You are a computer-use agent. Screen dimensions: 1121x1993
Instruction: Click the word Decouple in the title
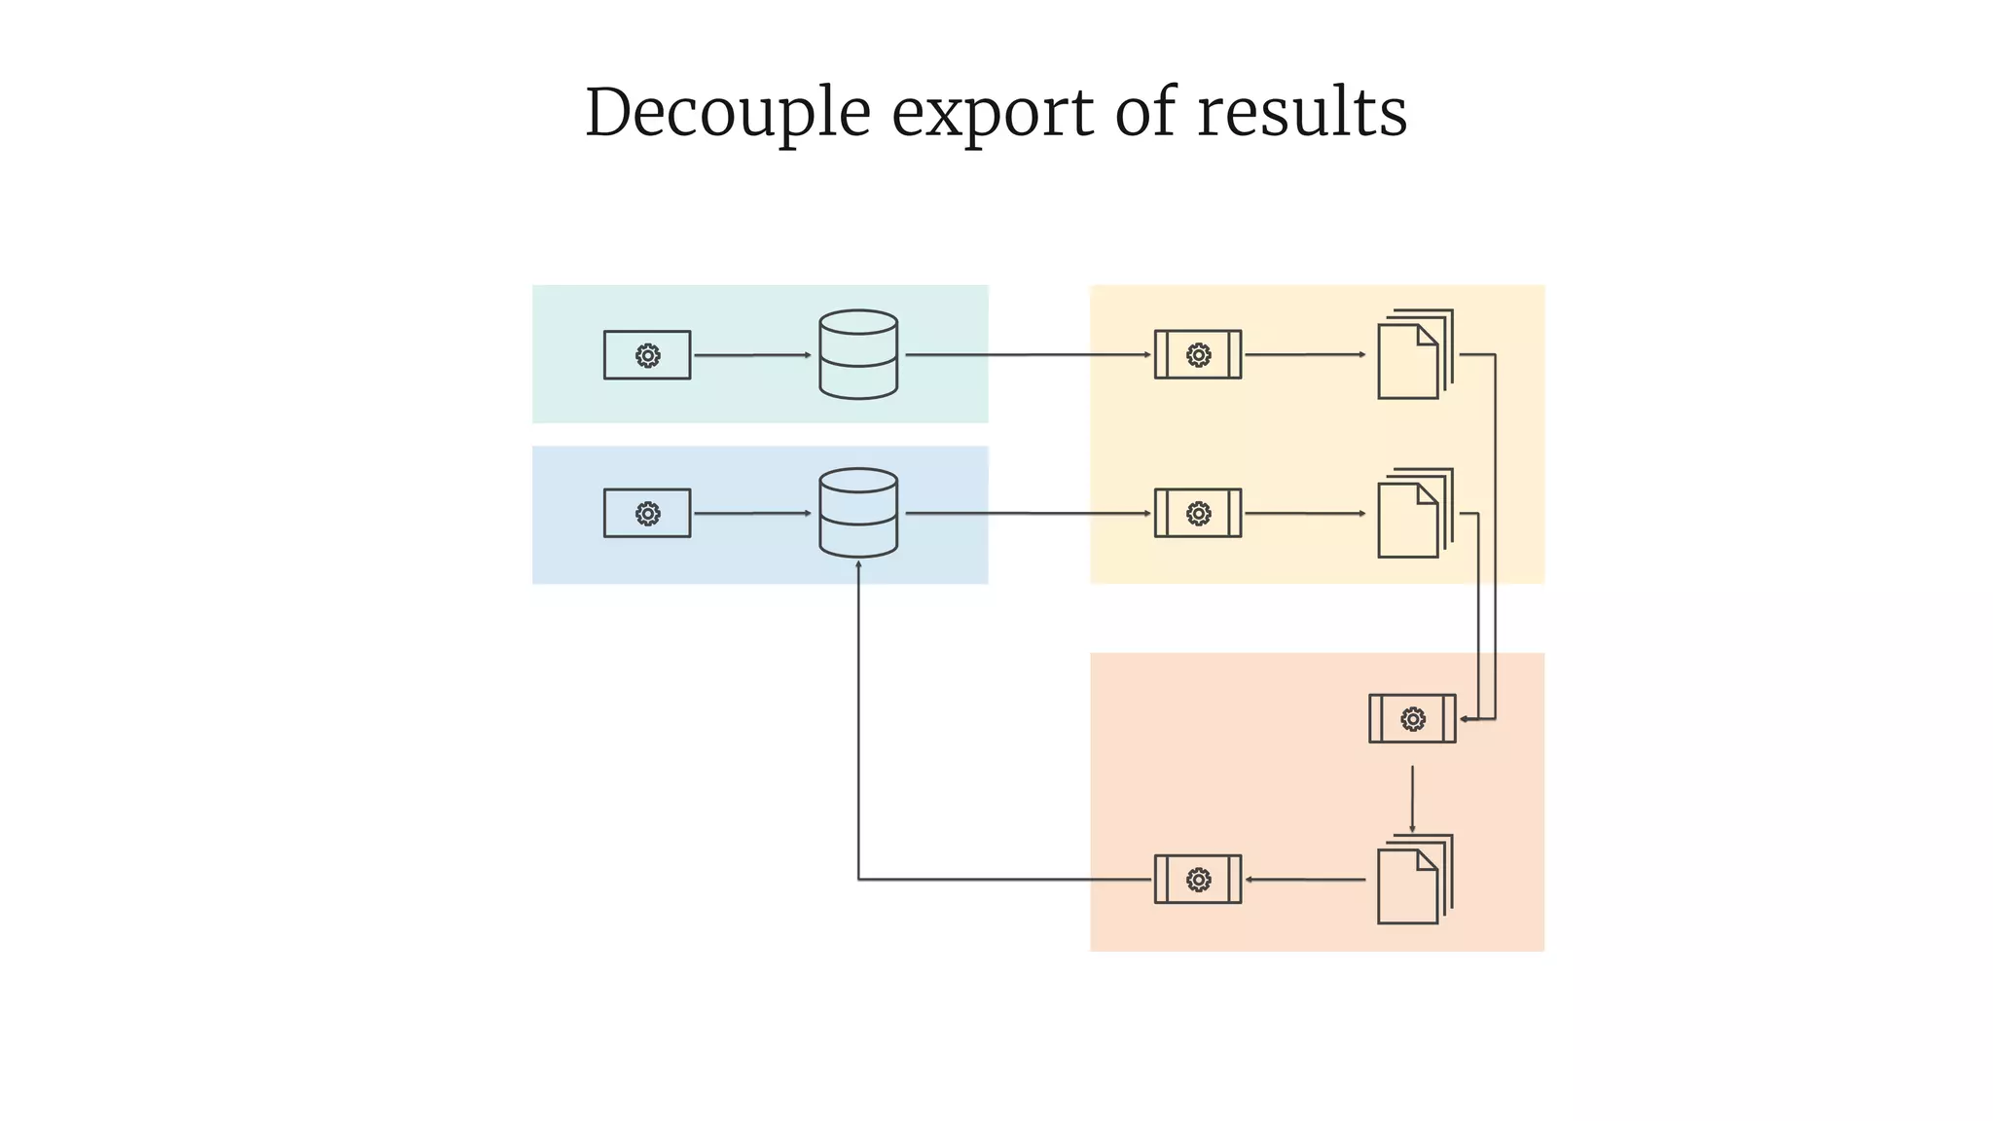click(727, 113)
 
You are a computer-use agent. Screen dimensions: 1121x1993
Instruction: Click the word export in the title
click(993, 113)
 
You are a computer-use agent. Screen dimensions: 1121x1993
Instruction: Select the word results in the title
click(1301, 113)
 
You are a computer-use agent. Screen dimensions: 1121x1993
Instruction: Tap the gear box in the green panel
click(647, 355)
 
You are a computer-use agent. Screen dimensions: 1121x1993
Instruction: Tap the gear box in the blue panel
click(647, 513)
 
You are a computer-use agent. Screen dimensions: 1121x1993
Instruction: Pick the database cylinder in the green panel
click(858, 354)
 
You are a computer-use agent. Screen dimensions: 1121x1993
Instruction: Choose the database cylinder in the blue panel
click(858, 513)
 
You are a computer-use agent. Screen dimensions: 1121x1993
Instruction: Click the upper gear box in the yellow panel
click(1198, 355)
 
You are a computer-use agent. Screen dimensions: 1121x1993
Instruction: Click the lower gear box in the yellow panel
click(1198, 513)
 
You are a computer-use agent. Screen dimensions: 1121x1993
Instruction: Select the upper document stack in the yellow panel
click(1414, 355)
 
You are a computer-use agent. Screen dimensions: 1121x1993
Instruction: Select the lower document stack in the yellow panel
click(1414, 514)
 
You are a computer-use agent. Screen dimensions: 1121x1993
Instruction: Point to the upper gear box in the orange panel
click(1412, 719)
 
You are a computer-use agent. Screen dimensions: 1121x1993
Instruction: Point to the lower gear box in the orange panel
click(1198, 880)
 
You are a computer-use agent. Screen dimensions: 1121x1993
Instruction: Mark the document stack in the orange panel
click(1414, 880)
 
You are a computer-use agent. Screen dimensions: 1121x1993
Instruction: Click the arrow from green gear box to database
click(751, 355)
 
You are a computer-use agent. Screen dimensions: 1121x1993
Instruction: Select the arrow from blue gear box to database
click(751, 513)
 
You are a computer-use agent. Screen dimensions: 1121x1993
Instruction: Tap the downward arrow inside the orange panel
click(1412, 799)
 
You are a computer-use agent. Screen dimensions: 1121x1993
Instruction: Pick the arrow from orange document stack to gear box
click(1304, 880)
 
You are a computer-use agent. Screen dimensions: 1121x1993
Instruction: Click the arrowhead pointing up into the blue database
click(858, 565)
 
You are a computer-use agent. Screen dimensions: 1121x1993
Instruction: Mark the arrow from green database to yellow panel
click(1027, 355)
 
